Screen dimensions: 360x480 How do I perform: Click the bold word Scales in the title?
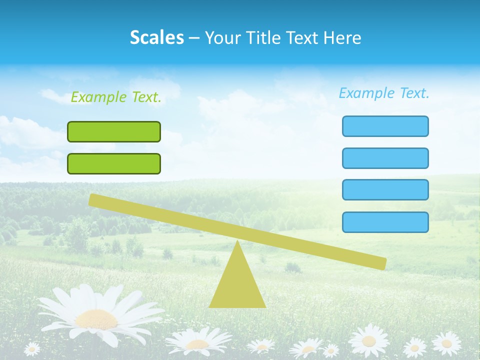point(157,37)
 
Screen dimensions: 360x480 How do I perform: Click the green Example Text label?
point(116,97)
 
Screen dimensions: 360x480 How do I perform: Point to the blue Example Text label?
point(384,93)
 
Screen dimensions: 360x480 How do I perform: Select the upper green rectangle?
point(114,131)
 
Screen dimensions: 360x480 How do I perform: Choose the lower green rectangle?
point(114,163)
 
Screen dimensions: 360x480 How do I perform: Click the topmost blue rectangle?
point(385,126)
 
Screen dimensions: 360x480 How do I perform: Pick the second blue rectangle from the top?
point(385,158)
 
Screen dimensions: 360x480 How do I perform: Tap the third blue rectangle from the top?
point(385,190)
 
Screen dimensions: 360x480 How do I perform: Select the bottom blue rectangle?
point(385,222)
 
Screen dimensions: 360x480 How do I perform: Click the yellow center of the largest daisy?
point(96,319)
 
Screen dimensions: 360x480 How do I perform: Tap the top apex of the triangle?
point(237,242)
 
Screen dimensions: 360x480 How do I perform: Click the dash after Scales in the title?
point(194,37)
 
